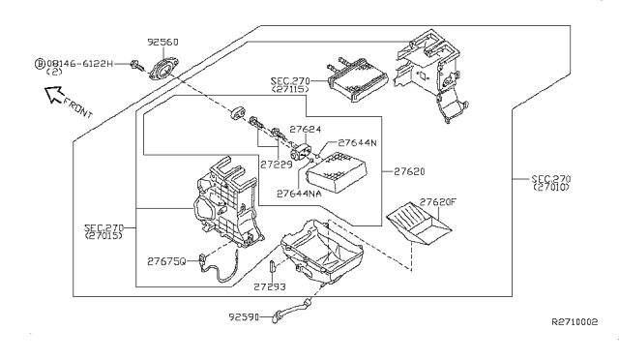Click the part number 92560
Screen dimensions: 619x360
tap(162, 42)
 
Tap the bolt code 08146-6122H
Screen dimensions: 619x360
tap(79, 64)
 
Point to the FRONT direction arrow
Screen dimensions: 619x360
tap(54, 95)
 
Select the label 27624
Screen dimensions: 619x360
tap(306, 130)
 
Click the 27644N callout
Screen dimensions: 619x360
tap(357, 142)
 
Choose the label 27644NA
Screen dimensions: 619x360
tap(299, 194)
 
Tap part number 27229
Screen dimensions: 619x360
tap(276, 164)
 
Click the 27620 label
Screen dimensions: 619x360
tap(409, 171)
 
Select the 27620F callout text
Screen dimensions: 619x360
tap(437, 202)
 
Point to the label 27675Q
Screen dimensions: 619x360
tap(166, 261)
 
